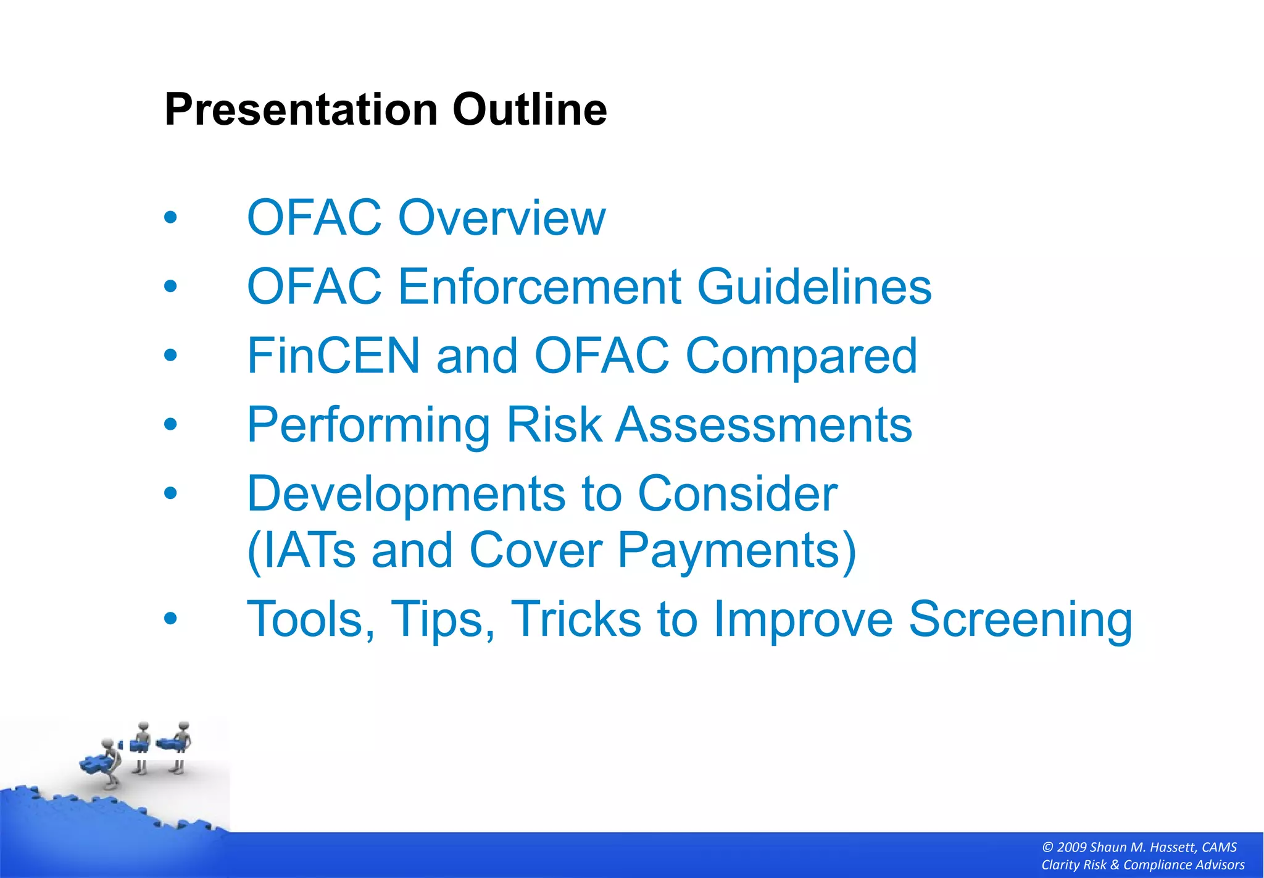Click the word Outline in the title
click(x=530, y=110)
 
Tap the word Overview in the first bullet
click(x=502, y=218)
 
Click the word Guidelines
click(x=814, y=287)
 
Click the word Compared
click(x=802, y=356)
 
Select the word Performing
click(x=368, y=426)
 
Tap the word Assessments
click(x=764, y=425)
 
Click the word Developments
click(x=405, y=494)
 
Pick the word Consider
click(x=738, y=494)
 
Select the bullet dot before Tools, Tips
click(x=170, y=619)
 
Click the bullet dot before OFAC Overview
click(x=170, y=217)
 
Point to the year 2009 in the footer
click(x=1071, y=848)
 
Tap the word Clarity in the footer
click(x=1059, y=865)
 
